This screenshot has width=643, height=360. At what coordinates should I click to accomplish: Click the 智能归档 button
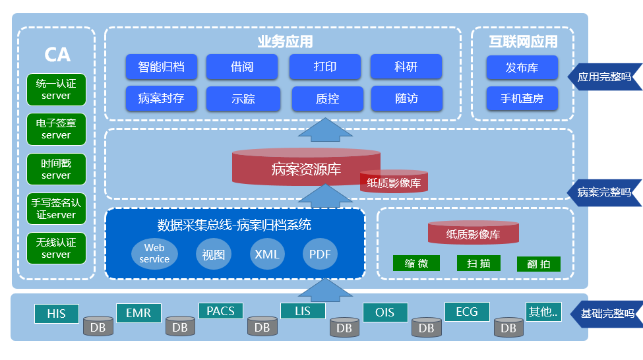pyautogui.click(x=161, y=67)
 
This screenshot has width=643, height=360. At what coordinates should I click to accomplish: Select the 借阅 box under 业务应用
pyautogui.click(x=242, y=67)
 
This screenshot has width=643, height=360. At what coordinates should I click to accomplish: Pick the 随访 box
pyautogui.click(x=406, y=98)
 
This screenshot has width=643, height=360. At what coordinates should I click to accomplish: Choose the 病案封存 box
pyautogui.click(x=161, y=99)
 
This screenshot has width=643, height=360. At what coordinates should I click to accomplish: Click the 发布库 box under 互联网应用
pyautogui.click(x=522, y=67)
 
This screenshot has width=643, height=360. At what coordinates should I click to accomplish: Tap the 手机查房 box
pyautogui.click(x=522, y=99)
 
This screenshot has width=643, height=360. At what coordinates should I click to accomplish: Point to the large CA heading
pyautogui.click(x=57, y=54)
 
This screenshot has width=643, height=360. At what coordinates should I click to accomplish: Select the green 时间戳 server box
pyautogui.click(x=56, y=169)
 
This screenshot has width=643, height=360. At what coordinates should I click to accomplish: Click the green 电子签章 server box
pyautogui.click(x=56, y=129)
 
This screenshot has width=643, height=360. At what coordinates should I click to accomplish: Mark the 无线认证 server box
pyautogui.click(x=56, y=249)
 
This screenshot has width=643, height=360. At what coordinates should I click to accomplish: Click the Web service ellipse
pyautogui.click(x=154, y=254)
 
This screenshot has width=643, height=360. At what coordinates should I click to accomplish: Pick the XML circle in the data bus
pyautogui.click(x=267, y=255)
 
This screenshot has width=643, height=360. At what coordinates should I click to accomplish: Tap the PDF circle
pyautogui.click(x=320, y=255)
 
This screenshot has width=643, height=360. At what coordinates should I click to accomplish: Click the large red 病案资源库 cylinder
pyautogui.click(x=306, y=168)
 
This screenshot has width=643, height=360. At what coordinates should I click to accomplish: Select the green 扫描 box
pyautogui.click(x=478, y=264)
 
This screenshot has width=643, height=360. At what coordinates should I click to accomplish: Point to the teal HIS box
pyautogui.click(x=57, y=314)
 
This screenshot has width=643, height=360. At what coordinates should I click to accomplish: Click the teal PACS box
pyautogui.click(x=221, y=311)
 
